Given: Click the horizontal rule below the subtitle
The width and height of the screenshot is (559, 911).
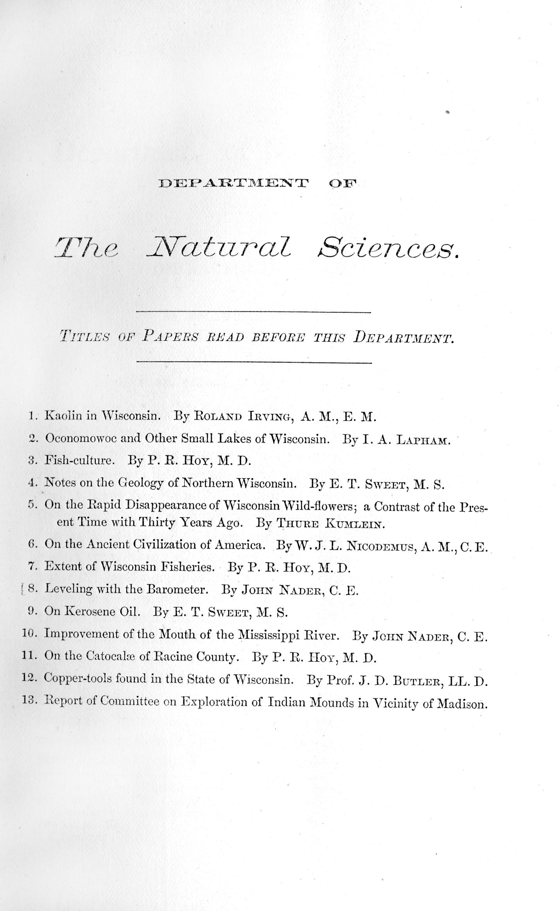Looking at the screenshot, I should (254, 363).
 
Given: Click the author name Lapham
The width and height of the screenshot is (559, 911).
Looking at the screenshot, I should (423, 440).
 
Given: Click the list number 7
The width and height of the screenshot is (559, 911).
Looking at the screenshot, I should (32, 567).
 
